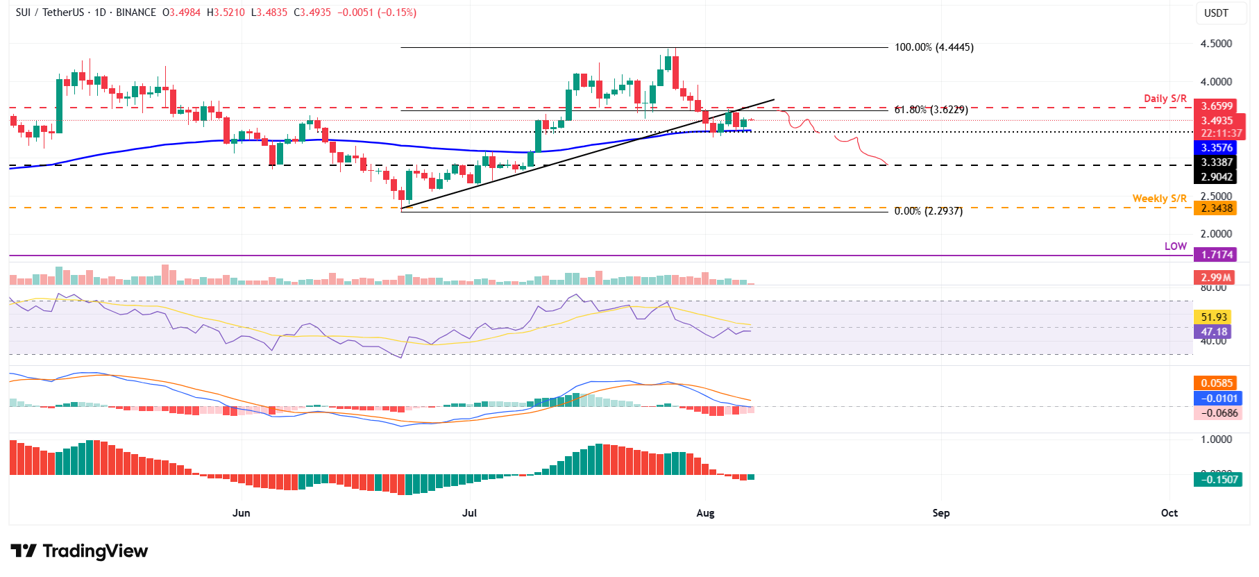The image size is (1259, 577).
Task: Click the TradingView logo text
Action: click(x=95, y=551)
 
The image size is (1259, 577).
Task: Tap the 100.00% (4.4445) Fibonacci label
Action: click(x=933, y=47)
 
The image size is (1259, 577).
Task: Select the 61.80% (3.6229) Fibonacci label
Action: click(x=931, y=110)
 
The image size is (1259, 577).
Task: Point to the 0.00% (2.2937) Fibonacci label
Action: click(x=928, y=211)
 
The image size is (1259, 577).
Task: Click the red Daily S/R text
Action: click(x=1165, y=99)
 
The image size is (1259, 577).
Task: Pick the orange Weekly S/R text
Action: click(x=1159, y=199)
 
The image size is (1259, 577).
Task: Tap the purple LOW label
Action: click(x=1175, y=246)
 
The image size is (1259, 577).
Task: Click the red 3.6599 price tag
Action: click(x=1217, y=106)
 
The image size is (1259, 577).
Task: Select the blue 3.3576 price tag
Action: click(x=1217, y=148)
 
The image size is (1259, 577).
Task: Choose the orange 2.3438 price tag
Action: click(x=1217, y=208)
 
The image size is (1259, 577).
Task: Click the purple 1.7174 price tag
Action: click(x=1217, y=255)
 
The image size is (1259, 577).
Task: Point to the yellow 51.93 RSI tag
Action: click(x=1214, y=317)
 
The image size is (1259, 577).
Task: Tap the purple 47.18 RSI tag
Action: click(x=1214, y=332)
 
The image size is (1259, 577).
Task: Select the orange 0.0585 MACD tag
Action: click(x=1217, y=383)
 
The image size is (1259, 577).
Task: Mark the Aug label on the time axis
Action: click(x=705, y=513)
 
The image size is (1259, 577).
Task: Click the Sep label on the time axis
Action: click(x=940, y=513)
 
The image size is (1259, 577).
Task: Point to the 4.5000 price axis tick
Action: click(x=1216, y=44)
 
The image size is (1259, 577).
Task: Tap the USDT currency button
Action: click(x=1216, y=13)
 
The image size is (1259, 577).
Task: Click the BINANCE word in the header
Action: click(x=136, y=12)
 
